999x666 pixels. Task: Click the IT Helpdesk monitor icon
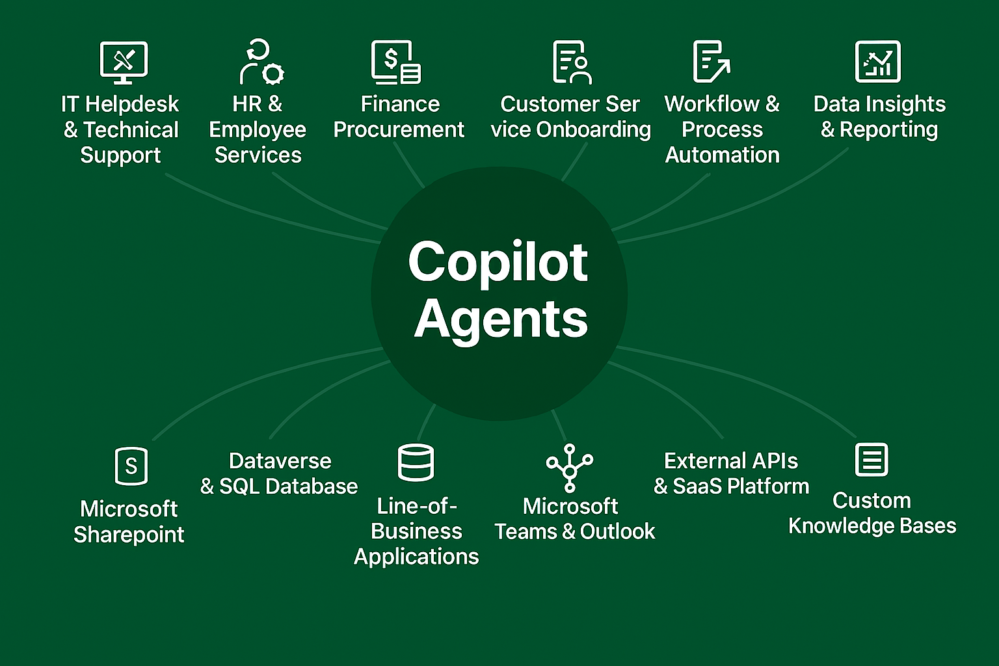click(124, 62)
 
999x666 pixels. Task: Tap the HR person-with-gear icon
click(261, 62)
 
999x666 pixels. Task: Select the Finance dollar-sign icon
click(395, 62)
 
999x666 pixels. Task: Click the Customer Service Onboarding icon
click(572, 62)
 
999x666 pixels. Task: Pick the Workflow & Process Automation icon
click(711, 62)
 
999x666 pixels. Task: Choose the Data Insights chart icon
click(877, 62)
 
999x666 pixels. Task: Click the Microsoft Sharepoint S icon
click(131, 466)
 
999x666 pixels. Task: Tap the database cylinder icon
click(416, 462)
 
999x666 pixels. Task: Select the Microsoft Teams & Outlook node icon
click(570, 467)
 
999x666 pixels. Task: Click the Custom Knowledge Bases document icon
click(872, 460)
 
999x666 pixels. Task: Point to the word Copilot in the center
click(498, 261)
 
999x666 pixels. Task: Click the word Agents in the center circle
click(501, 319)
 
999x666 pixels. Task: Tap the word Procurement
click(399, 129)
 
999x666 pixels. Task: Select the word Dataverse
click(280, 460)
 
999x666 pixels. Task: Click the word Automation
click(722, 155)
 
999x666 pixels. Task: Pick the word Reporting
click(888, 129)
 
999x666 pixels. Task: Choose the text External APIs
click(731, 460)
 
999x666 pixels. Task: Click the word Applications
click(416, 557)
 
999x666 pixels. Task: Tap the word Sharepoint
click(129, 534)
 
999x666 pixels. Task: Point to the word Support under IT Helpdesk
click(120, 155)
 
